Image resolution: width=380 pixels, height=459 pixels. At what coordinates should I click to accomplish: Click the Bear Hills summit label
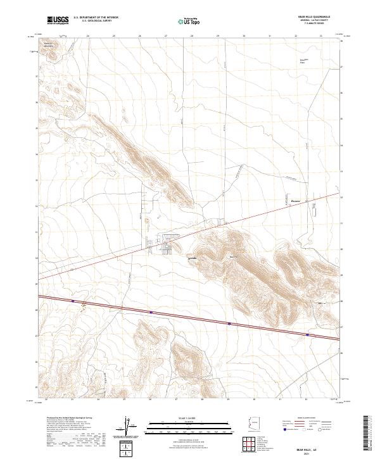click(232, 256)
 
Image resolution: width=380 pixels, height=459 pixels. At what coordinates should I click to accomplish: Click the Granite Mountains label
click(49, 45)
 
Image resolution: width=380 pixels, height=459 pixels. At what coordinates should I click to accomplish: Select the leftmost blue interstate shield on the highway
click(73, 301)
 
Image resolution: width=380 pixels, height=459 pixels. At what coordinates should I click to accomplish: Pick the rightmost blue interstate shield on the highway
click(307, 335)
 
